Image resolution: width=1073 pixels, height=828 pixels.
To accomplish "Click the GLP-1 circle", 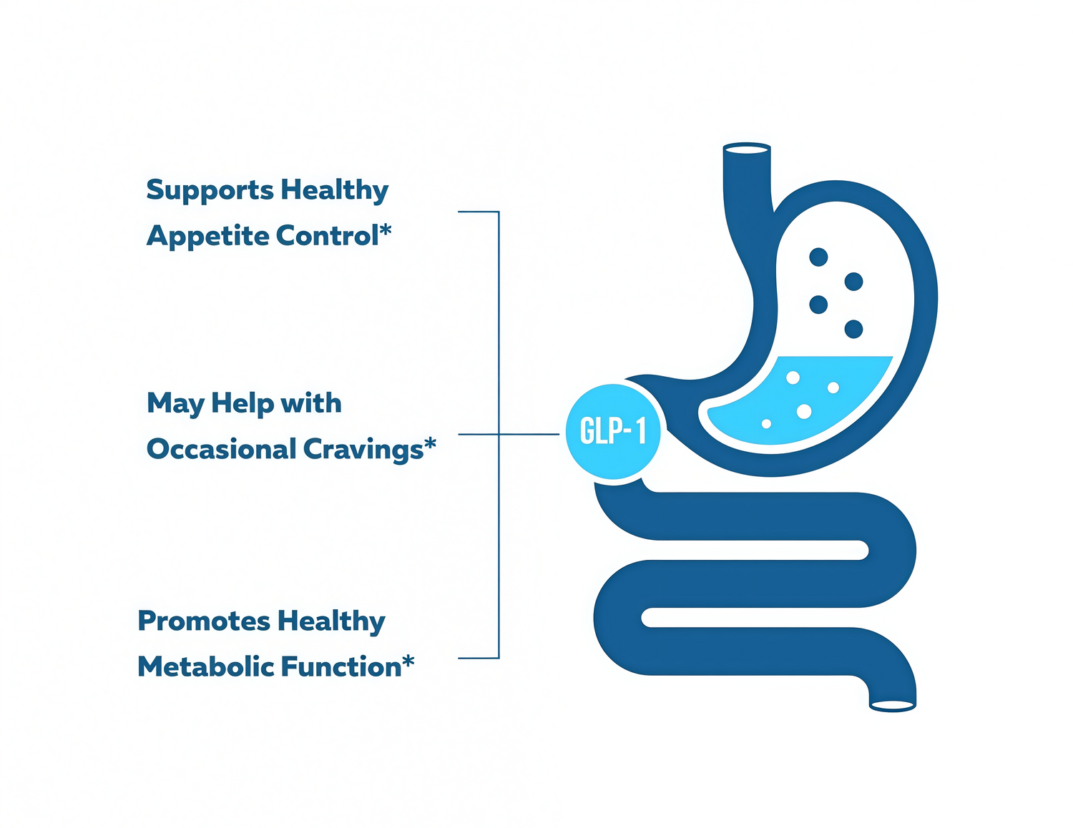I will pyautogui.click(x=613, y=431).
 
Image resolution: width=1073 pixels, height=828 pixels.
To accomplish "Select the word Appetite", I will pyautogui.click(x=207, y=237).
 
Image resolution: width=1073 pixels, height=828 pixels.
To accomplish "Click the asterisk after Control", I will pyautogui.click(x=386, y=230).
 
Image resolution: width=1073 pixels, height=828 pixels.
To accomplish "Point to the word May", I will pyautogui.click(x=175, y=404).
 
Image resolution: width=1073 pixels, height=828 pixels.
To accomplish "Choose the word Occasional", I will pyautogui.click(x=220, y=450).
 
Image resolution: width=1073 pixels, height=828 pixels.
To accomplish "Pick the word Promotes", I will pyautogui.click(x=203, y=621).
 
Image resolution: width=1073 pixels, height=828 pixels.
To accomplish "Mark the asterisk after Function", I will pyautogui.click(x=408, y=661).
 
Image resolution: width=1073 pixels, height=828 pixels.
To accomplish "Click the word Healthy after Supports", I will pyautogui.click(x=334, y=191).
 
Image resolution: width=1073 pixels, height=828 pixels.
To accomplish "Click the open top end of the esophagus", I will pyautogui.click(x=747, y=149).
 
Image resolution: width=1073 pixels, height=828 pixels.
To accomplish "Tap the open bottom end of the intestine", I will pyautogui.click(x=892, y=706).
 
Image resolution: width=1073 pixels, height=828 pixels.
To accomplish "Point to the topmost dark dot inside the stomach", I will pyautogui.click(x=818, y=257).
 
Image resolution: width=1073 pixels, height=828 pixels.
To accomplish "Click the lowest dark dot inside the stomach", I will pyautogui.click(x=853, y=329).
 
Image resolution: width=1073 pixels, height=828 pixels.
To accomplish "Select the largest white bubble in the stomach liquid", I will pyautogui.click(x=804, y=411).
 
